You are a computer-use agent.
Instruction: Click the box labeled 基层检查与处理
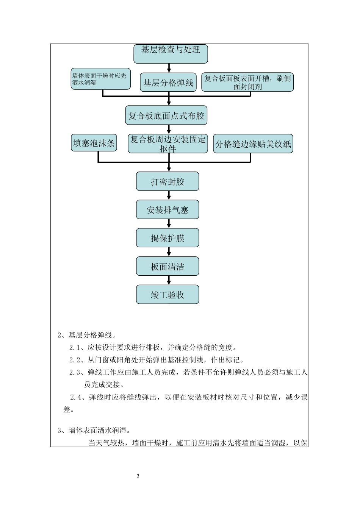click(171, 53)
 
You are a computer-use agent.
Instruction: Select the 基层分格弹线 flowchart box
click(168, 82)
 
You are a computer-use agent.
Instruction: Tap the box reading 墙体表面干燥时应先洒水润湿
click(101, 79)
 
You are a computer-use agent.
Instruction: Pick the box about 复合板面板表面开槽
click(247, 82)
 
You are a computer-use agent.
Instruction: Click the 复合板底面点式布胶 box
click(166, 116)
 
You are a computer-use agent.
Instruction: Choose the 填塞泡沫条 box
click(94, 143)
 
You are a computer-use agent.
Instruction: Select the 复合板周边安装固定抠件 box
click(168, 144)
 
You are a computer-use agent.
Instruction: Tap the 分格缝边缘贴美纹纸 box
click(253, 144)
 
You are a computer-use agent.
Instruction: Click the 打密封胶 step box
click(167, 181)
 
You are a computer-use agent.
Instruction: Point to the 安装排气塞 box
click(167, 210)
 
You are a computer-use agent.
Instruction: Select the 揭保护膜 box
click(167, 238)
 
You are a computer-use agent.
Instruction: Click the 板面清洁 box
click(167, 266)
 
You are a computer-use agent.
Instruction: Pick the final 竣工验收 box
click(167, 295)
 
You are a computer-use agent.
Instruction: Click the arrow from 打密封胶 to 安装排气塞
click(169, 195)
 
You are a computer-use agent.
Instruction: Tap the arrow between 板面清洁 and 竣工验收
click(169, 280)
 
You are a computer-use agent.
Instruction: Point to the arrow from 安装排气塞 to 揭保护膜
click(169, 223)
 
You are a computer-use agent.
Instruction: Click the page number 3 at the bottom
click(138, 476)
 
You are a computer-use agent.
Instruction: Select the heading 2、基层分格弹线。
click(86, 335)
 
